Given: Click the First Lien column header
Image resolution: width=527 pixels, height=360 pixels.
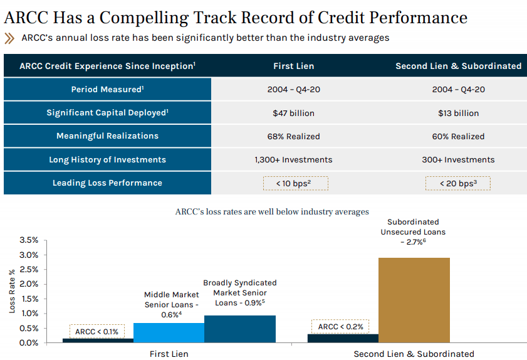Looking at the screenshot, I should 293,66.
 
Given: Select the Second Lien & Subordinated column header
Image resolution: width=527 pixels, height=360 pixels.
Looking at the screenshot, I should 458,66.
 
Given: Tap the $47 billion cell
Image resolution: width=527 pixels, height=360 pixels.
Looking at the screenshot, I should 293,114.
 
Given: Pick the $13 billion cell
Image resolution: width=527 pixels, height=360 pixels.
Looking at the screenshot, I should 458,114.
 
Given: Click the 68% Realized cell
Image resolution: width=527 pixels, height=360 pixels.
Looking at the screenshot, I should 293,136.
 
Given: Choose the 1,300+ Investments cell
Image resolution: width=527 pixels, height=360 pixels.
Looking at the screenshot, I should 293,160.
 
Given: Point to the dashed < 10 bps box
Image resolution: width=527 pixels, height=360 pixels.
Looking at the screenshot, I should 293,183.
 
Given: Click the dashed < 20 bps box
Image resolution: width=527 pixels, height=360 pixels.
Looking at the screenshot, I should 458,183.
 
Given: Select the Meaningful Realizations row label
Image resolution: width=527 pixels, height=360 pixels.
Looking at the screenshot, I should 107,136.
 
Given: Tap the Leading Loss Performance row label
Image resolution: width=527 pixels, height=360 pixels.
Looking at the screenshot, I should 107,183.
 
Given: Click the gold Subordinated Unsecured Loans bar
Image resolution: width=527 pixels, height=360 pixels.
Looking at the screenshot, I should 414,300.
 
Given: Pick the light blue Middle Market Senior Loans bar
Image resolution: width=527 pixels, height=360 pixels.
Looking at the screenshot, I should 169,332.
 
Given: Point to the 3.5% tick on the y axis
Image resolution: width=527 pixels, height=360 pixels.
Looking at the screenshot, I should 29,240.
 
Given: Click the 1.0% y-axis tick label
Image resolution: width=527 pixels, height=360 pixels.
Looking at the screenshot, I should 29,314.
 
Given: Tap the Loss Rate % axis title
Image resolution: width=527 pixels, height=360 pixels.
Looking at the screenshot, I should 11,291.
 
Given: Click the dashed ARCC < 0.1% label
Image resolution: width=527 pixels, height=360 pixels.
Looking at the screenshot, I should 97,331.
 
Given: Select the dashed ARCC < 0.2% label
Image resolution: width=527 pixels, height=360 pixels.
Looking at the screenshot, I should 340,327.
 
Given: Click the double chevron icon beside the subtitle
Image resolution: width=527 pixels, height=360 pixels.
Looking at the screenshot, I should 9,38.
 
